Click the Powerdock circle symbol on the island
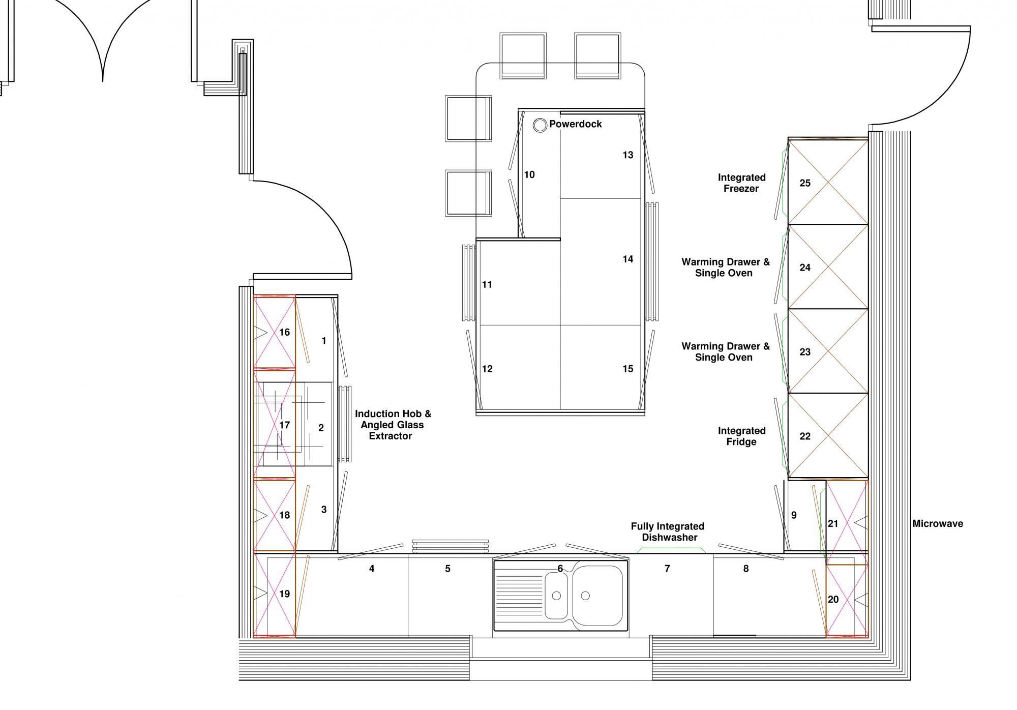pyautogui.click(x=540, y=125)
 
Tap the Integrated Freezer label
pyautogui.click(x=741, y=183)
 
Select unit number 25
pyautogui.click(x=805, y=183)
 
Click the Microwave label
pyautogui.click(x=938, y=523)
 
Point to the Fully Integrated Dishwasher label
pyautogui.click(x=668, y=532)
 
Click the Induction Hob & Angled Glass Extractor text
pyautogui.click(x=393, y=425)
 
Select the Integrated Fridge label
pyautogui.click(x=741, y=436)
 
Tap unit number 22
pyautogui.click(x=805, y=436)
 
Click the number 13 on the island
pyautogui.click(x=628, y=155)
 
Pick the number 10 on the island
pyautogui.click(x=529, y=175)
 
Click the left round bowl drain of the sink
pyautogui.click(x=557, y=596)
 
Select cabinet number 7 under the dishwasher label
pyautogui.click(x=667, y=569)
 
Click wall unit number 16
pyautogui.click(x=284, y=332)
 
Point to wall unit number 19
pyautogui.click(x=284, y=594)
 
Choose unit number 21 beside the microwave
pyautogui.click(x=833, y=523)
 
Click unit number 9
pyautogui.click(x=794, y=515)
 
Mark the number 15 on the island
pyautogui.click(x=628, y=369)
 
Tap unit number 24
pyautogui.click(x=805, y=268)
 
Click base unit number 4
pyautogui.click(x=372, y=569)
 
